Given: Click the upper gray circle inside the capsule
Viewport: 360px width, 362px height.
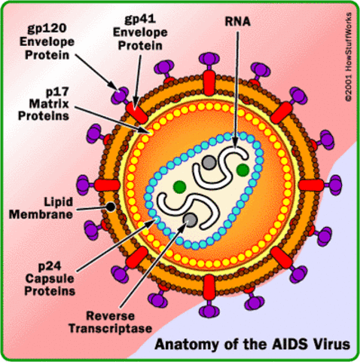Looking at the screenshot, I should point(207,161).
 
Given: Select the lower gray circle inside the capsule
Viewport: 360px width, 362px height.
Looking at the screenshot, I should point(191,219).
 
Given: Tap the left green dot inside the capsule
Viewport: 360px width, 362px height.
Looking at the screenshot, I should point(178,186).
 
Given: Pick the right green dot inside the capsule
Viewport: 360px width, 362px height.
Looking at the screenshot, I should point(242,170).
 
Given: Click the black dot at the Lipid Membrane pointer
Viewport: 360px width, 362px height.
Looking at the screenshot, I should point(111,206).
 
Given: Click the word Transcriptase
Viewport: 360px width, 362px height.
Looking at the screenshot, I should point(112,328).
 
